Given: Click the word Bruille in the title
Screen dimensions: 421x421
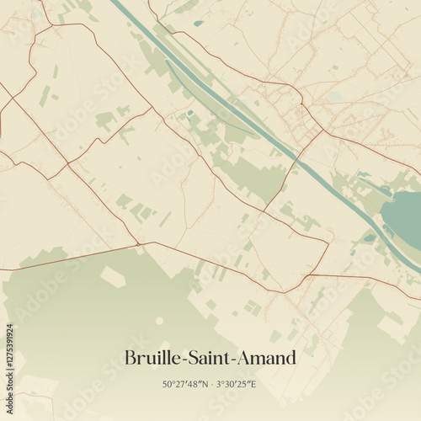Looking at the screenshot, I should point(149,358).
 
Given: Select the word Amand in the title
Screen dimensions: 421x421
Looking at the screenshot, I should point(269,358).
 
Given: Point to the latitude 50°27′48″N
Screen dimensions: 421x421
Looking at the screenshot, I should point(186,385).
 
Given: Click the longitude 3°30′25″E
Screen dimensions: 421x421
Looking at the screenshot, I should point(236,385).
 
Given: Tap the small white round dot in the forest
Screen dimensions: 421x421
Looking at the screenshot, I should point(159,320).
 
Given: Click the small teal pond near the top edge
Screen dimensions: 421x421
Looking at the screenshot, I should point(198,23).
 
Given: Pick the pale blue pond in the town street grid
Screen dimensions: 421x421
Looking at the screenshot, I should point(336,97).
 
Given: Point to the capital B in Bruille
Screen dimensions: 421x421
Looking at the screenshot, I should point(131,358).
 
